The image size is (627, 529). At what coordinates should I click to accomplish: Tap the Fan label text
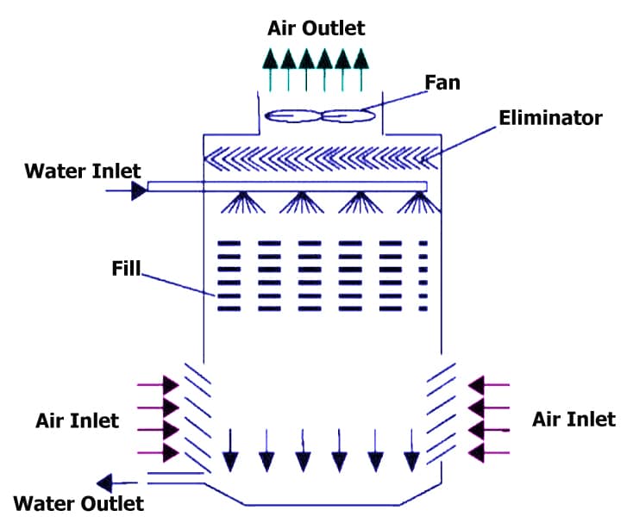[x=442, y=83]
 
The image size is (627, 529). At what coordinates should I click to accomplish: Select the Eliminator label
[x=550, y=118]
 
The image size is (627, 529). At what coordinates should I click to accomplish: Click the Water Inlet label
[x=82, y=170]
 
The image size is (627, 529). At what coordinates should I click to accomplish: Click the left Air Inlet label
[x=77, y=420]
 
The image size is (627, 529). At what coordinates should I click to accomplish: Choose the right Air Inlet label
[x=574, y=419]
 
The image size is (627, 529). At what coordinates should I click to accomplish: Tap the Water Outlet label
[x=78, y=501]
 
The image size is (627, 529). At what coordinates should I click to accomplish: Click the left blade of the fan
[x=292, y=115]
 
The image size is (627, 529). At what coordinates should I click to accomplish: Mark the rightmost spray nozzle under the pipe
[x=419, y=203]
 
